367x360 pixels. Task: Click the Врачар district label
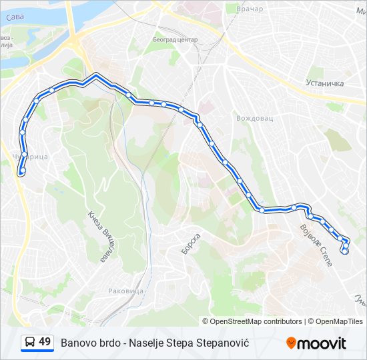250,9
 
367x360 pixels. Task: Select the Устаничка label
324,83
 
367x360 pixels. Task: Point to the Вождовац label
255,118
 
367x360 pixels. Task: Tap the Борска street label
191,243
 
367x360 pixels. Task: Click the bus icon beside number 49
30,343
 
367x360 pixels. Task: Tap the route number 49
45,342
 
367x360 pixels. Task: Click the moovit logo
316,343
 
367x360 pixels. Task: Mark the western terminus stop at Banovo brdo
22,171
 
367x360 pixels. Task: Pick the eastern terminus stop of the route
345,251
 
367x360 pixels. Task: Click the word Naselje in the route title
156,343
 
